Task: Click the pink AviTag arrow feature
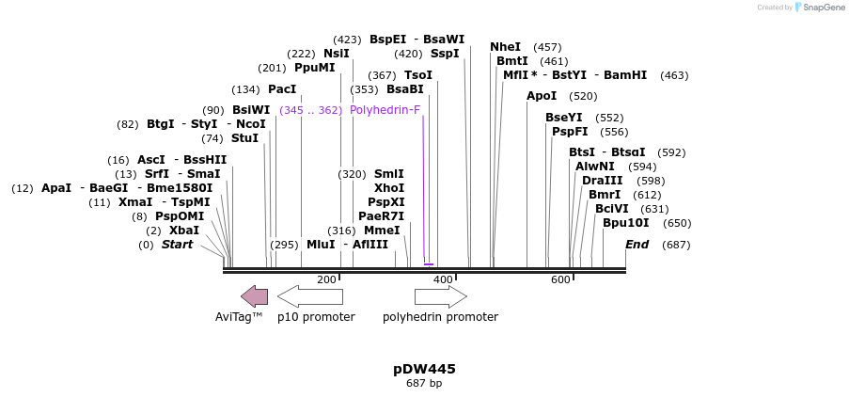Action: pos(254,296)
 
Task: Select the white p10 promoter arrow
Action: pos(310,296)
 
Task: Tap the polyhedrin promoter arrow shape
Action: pos(440,296)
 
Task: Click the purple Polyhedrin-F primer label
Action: pos(385,110)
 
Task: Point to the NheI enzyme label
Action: pos(505,47)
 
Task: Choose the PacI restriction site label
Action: pos(282,89)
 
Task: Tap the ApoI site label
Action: pos(542,96)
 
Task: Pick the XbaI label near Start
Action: pos(184,231)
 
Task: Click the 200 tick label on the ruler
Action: pos(326,279)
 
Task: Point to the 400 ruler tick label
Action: pos(443,279)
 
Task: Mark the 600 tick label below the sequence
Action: pos(560,279)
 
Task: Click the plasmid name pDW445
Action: pos(424,369)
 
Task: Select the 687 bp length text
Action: pos(424,383)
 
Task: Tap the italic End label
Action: pos(637,245)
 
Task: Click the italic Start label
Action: pos(177,245)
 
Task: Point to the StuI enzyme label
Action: pos(244,138)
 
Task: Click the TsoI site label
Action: pos(418,75)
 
